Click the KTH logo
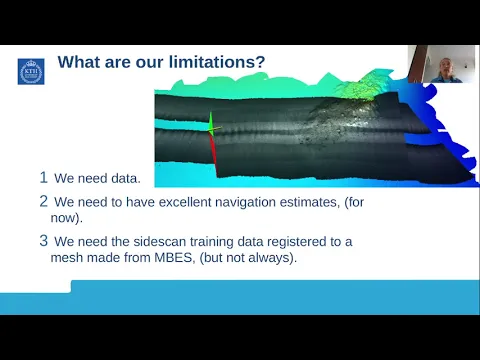click(31, 71)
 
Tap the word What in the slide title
click(79, 62)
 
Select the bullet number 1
click(43, 177)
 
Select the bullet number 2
click(44, 201)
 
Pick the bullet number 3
click(44, 241)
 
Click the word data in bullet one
click(126, 178)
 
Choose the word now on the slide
click(65, 218)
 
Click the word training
click(211, 242)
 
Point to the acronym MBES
click(174, 258)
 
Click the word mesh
click(65, 258)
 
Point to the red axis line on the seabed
click(213, 154)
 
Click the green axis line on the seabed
click(211, 123)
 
